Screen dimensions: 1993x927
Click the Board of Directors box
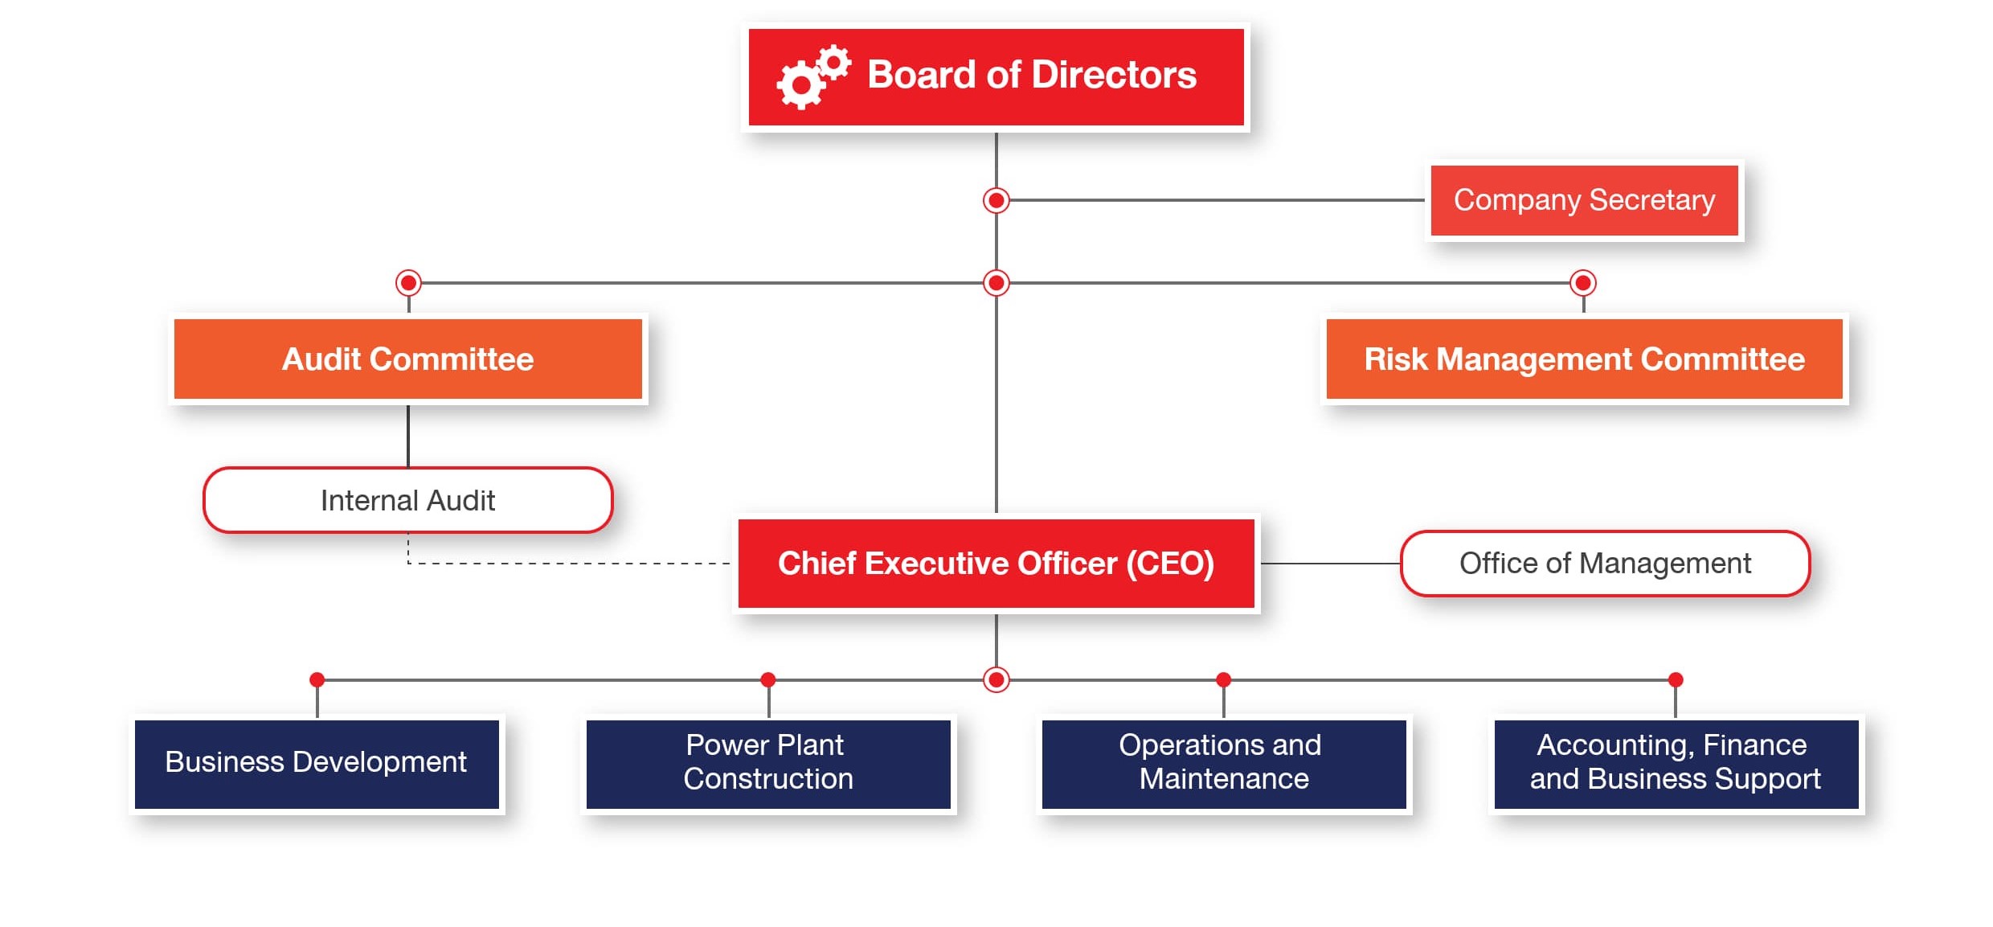pyautogui.click(x=996, y=77)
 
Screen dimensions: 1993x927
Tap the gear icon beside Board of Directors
pyautogui.click(x=813, y=77)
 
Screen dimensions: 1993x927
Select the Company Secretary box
pyautogui.click(x=1584, y=200)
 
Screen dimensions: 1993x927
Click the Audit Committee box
pyautogui.click(x=408, y=359)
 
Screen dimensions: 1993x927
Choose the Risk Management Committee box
pyautogui.click(x=1584, y=359)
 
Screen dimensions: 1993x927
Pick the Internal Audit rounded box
pyautogui.click(x=408, y=500)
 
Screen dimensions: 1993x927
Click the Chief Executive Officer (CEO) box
pyautogui.click(x=996, y=564)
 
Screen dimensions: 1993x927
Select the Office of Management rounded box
pyautogui.click(x=1605, y=564)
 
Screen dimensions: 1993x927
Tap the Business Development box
pyautogui.click(x=317, y=764)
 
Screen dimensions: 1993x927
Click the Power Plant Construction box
pyautogui.click(x=768, y=764)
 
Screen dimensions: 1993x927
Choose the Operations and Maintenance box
pyautogui.click(x=1224, y=764)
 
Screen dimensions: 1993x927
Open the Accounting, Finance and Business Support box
pyautogui.click(x=1676, y=764)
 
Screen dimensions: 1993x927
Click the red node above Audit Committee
pyautogui.click(x=408, y=283)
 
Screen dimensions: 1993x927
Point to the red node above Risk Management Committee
pyautogui.click(x=1583, y=283)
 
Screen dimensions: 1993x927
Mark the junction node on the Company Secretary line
pyautogui.click(x=996, y=200)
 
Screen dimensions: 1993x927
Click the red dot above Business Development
pyautogui.click(x=317, y=680)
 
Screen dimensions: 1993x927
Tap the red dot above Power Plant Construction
pyautogui.click(x=768, y=680)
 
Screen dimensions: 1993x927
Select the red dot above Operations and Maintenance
pyautogui.click(x=1224, y=680)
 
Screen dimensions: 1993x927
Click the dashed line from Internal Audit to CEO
pyautogui.click(x=569, y=564)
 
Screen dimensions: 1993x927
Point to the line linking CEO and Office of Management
pyautogui.click(x=1331, y=564)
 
